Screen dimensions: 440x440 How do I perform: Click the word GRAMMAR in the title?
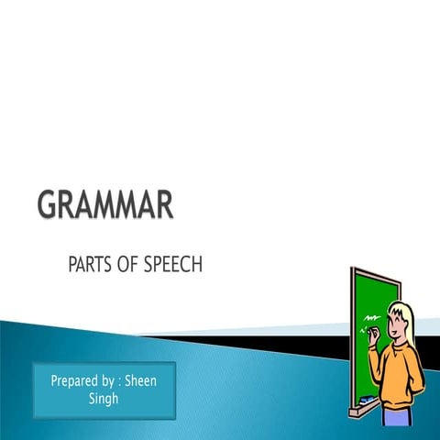tap(104, 204)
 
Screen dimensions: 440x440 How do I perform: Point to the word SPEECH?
tap(174, 266)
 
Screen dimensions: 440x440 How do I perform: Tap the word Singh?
tap(104, 399)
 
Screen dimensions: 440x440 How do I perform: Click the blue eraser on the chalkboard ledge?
tap(366, 401)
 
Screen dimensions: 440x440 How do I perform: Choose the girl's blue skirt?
tap(397, 418)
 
